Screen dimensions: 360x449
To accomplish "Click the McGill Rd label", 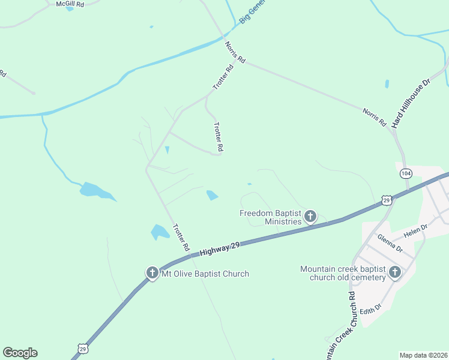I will point(70,4).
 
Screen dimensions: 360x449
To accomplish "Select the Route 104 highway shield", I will point(406,173).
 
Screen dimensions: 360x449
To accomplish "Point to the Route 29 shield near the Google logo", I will point(82,349).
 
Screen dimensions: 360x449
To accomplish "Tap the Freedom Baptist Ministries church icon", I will point(310,216).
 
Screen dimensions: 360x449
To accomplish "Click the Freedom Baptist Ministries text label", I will point(270,217).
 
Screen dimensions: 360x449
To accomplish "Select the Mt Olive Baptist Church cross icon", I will point(152,273).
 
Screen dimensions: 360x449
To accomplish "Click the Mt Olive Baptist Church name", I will point(205,274).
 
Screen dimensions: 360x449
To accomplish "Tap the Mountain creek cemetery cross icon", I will point(395,272).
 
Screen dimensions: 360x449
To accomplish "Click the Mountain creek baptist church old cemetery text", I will point(343,273).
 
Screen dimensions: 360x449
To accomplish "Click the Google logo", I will point(20,353).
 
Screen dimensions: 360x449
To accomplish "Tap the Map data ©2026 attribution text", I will point(424,355).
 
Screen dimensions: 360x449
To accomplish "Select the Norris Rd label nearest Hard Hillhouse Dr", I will point(375,116).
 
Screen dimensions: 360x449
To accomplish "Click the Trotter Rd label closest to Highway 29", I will point(181,238).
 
